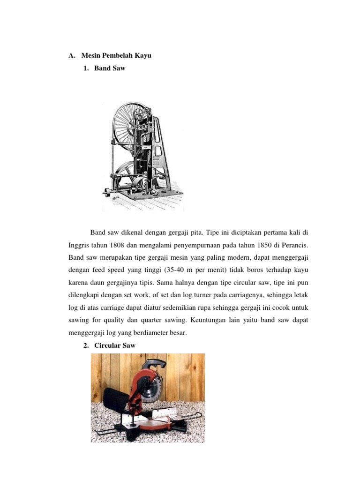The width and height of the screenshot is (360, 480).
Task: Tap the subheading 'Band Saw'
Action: point(110,68)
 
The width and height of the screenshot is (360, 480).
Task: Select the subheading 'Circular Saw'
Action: point(115,346)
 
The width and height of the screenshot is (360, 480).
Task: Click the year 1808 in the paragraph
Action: point(119,245)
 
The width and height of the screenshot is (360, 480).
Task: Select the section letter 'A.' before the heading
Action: point(72,56)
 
